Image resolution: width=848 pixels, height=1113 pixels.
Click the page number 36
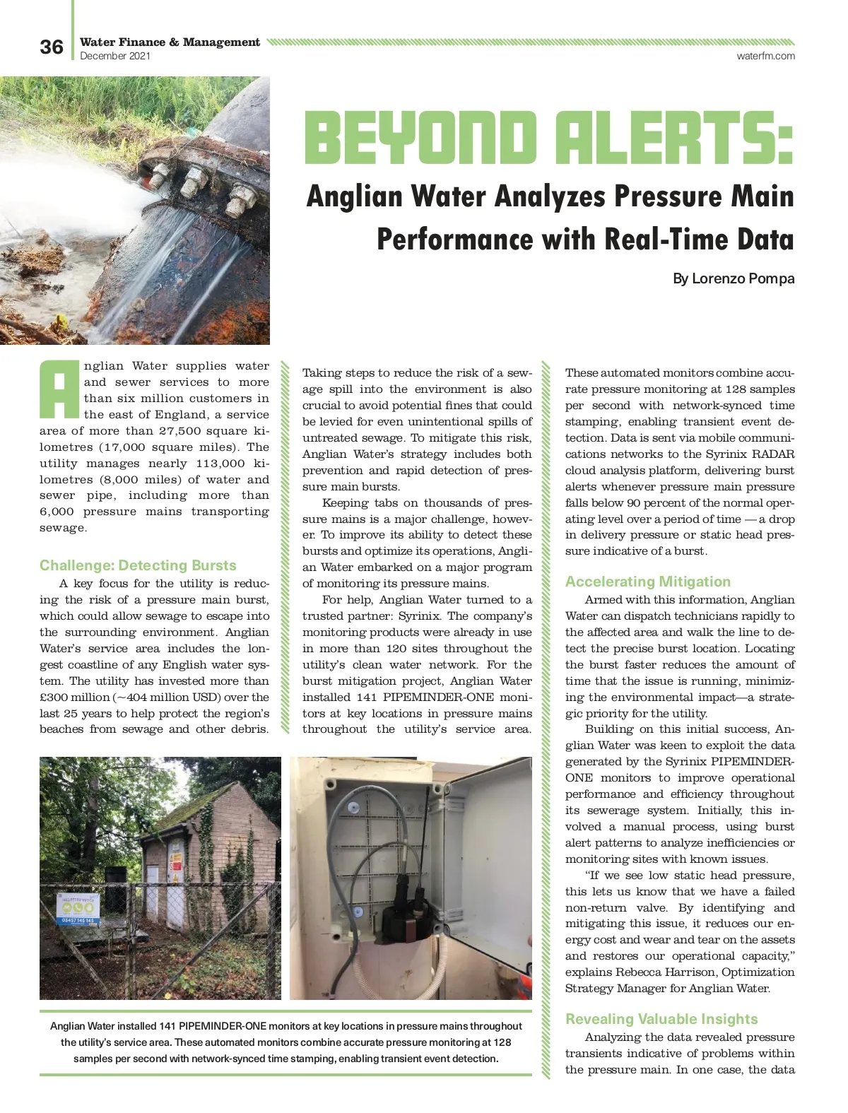point(52,47)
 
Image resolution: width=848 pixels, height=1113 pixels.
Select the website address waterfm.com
point(765,56)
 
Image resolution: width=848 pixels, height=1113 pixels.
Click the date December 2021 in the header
point(115,56)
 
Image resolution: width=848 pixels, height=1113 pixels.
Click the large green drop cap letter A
point(59,389)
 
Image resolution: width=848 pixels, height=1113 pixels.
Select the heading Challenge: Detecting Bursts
point(138,565)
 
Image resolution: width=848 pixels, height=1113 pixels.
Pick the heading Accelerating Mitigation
point(648,582)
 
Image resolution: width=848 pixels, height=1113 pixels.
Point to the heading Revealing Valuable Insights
point(661,1019)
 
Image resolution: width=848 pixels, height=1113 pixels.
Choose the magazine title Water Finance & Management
point(170,42)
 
